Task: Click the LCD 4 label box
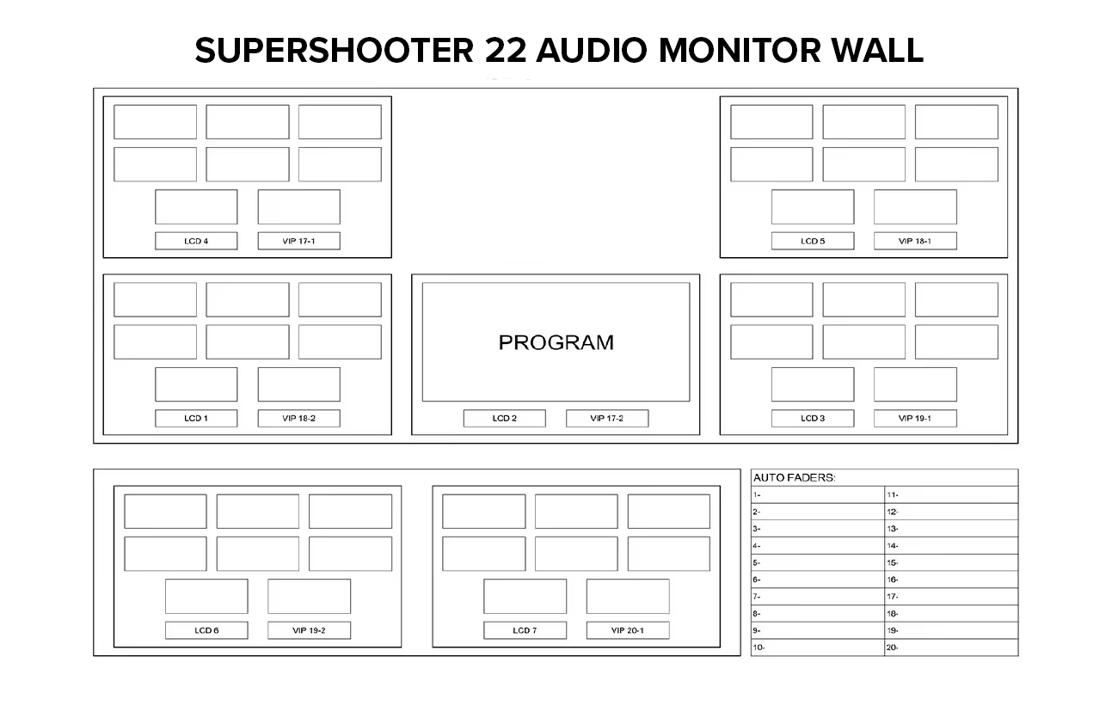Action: (196, 241)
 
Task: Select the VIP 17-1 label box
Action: (298, 241)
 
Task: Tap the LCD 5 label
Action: (813, 241)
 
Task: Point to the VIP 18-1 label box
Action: (915, 241)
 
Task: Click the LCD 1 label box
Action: (196, 419)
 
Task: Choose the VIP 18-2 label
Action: (298, 419)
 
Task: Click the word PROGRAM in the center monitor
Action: (556, 342)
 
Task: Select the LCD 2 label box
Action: (504, 419)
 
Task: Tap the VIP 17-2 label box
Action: (606, 419)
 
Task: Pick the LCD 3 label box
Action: (813, 419)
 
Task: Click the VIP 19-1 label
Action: (915, 419)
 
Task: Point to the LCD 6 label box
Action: (206, 630)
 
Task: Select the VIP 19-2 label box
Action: (309, 630)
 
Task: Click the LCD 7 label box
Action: (525, 630)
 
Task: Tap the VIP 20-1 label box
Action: (627, 630)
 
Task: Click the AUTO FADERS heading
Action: (794, 477)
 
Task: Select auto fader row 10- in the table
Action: (817, 647)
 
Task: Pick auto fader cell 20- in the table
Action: (950, 647)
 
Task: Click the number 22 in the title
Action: (503, 51)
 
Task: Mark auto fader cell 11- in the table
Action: (950, 494)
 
